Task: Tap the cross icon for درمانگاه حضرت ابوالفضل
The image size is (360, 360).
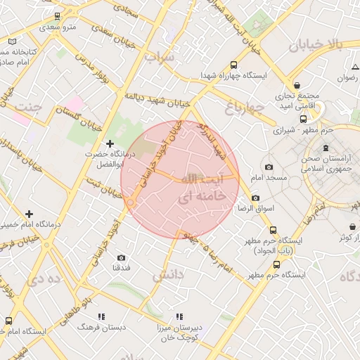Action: click(x=110, y=143)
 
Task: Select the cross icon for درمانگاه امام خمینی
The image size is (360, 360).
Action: click(x=29, y=213)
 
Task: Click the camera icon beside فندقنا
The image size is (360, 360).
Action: click(x=122, y=257)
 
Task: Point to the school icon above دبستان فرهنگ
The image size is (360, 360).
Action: click(x=102, y=316)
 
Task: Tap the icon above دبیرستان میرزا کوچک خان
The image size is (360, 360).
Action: click(x=180, y=316)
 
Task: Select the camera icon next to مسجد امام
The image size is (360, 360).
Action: click(x=269, y=167)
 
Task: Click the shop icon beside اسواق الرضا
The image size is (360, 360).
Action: click(x=255, y=198)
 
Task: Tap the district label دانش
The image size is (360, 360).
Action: click(x=169, y=274)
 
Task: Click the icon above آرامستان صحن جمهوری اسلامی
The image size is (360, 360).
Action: click(x=325, y=148)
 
